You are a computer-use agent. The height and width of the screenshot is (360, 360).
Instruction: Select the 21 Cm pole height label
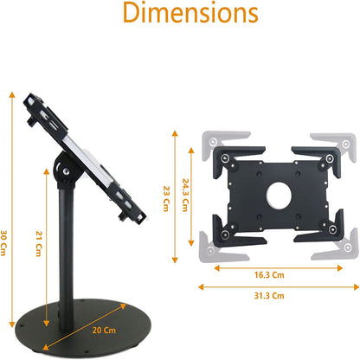[x=37, y=222]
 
